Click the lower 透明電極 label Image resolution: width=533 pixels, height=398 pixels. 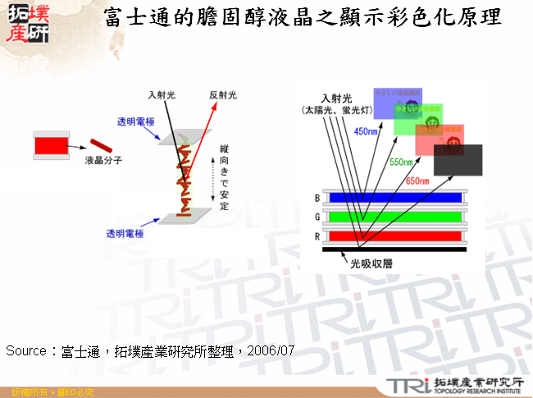[x=123, y=234]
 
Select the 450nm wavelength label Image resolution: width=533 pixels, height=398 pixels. [x=366, y=130]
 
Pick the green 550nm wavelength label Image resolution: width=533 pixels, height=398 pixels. [x=402, y=162]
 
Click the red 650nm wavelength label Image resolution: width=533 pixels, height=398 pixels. [x=417, y=181]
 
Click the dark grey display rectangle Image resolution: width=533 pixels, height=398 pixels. [x=458, y=159]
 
